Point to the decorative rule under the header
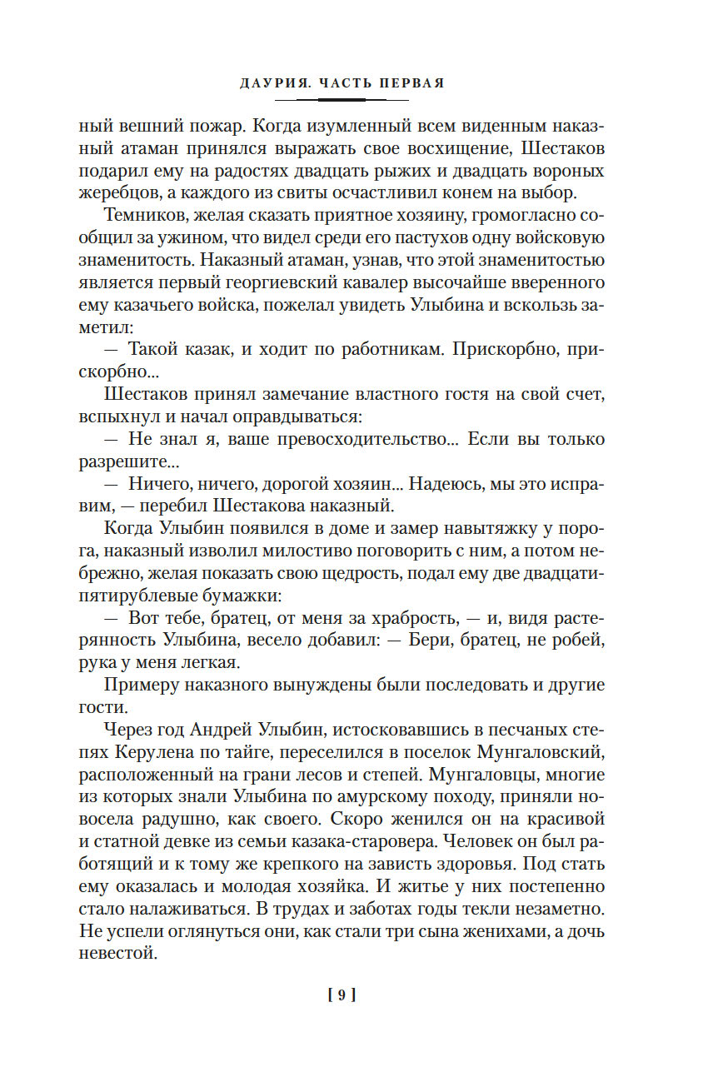tap(342, 99)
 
